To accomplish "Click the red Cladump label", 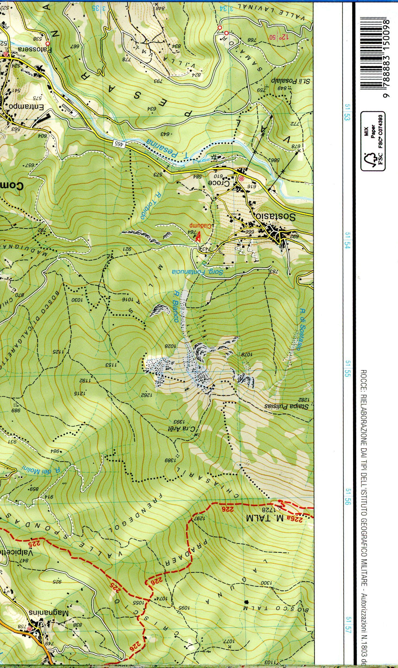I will point(202,226).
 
